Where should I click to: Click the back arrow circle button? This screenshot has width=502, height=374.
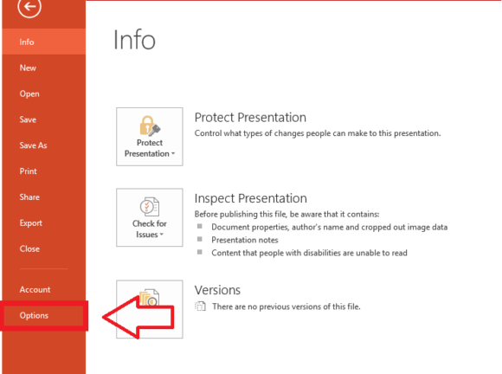click(29, 6)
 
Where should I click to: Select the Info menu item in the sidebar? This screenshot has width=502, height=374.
click(27, 42)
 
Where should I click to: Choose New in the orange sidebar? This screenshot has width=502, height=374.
click(28, 68)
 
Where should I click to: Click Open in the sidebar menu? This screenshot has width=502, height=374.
click(29, 93)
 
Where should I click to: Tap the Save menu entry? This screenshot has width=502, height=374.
click(28, 119)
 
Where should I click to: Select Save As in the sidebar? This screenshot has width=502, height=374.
click(33, 145)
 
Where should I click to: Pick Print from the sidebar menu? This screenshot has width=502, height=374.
click(29, 171)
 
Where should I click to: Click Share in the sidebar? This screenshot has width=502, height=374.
click(29, 197)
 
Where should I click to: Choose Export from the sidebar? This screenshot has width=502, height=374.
click(31, 222)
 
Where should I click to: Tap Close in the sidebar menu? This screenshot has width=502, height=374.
click(29, 248)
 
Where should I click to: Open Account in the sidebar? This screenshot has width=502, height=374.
click(35, 289)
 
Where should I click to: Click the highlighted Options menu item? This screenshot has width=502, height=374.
click(34, 315)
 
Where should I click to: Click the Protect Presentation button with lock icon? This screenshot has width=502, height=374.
click(150, 137)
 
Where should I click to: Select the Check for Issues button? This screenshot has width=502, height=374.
click(150, 217)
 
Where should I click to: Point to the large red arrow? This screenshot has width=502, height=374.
click(138, 317)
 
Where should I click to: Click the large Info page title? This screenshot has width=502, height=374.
click(134, 40)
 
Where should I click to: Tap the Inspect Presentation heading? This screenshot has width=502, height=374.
click(251, 198)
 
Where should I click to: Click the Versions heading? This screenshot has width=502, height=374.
click(217, 290)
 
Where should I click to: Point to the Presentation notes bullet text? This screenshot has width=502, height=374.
click(245, 240)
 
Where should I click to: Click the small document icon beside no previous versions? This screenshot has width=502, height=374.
click(201, 306)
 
